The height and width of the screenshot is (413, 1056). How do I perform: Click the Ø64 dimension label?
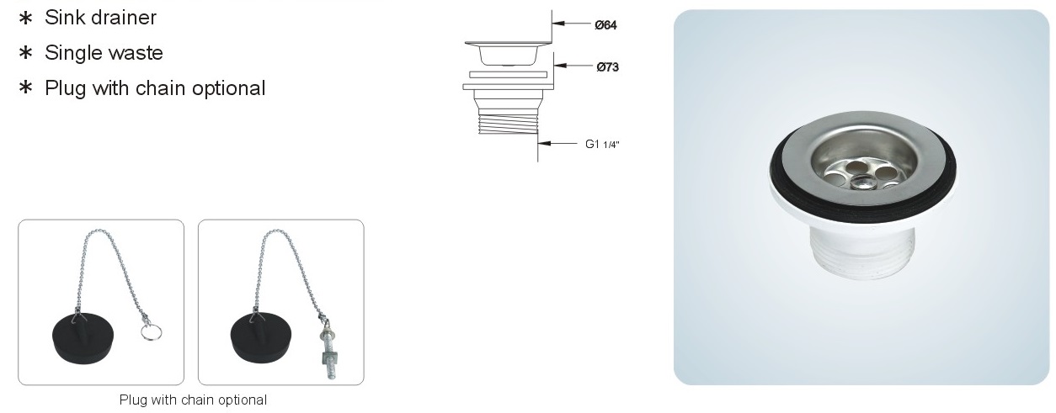click(605, 25)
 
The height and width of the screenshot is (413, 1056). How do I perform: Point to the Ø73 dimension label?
click(608, 67)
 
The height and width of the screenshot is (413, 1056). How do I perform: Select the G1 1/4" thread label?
click(602, 144)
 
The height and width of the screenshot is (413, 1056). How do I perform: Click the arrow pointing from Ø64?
click(572, 23)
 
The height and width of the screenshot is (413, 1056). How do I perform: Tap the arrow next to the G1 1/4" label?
click(557, 143)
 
